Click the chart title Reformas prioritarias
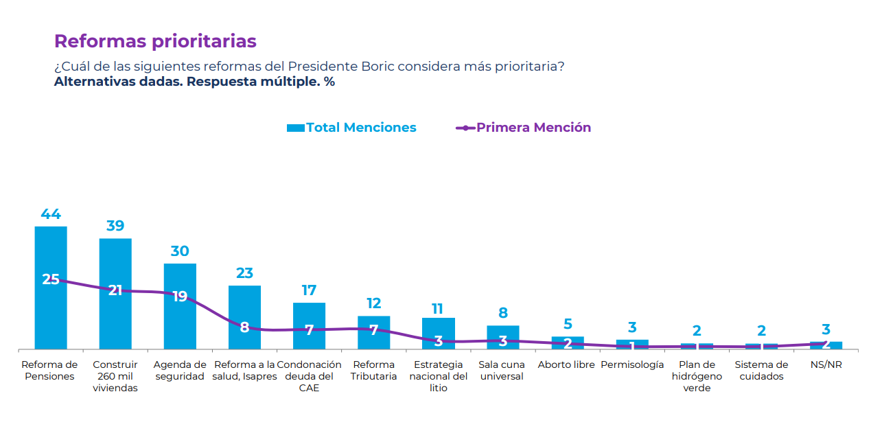pyautogui.click(x=155, y=41)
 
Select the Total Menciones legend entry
pyautogui.click(x=351, y=128)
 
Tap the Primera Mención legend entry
pyautogui.click(x=524, y=128)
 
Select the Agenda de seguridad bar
pyautogui.click(x=180, y=323)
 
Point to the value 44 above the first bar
pyautogui.click(x=51, y=214)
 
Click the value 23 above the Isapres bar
pyautogui.click(x=244, y=273)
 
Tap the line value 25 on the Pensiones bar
pyautogui.click(x=51, y=279)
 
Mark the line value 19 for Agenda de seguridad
pyautogui.click(x=180, y=297)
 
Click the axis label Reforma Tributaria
pyautogui.click(x=374, y=371)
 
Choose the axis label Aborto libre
pyautogui.click(x=566, y=365)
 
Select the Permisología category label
pyautogui.click(x=632, y=365)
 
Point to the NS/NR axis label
pyautogui.click(x=826, y=365)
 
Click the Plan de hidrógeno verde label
pyautogui.click(x=697, y=376)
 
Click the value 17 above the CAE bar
pyautogui.click(x=309, y=290)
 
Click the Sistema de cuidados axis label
pyautogui.click(x=761, y=371)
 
